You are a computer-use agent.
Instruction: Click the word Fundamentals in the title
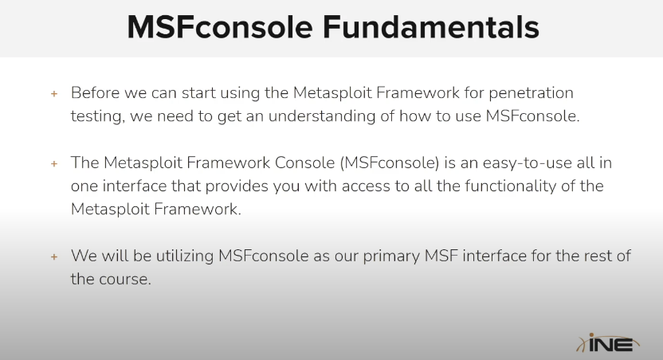[431, 27]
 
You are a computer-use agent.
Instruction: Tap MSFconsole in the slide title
[220, 27]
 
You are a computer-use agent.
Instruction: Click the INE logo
[607, 342]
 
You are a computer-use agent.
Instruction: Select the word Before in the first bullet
[95, 92]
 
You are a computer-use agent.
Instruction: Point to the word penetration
[531, 93]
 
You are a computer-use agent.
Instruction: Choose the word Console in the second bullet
[305, 162]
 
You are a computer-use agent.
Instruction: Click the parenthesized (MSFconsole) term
[390, 163]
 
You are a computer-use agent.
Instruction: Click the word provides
[237, 186]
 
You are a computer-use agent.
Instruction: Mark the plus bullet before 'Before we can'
[54, 93]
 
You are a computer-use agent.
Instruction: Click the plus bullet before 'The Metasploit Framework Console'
[54, 163]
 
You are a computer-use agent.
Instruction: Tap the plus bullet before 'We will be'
[54, 256]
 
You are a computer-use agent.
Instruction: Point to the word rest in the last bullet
[597, 256]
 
